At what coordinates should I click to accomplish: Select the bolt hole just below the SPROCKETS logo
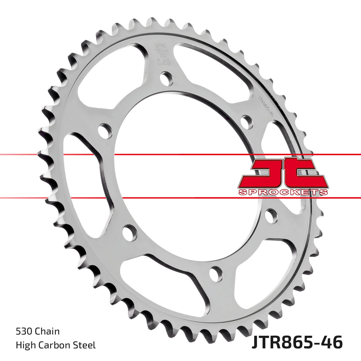[x=271, y=216]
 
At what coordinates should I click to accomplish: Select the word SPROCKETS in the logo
[x=283, y=192]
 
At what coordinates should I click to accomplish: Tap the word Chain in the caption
[x=47, y=332]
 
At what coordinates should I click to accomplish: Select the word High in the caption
[x=25, y=345]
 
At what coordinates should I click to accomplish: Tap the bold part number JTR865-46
[x=297, y=343]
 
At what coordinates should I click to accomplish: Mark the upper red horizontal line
[x=180, y=155]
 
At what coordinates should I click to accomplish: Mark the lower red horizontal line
[x=180, y=198]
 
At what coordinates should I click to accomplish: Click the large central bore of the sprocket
[x=180, y=174]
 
